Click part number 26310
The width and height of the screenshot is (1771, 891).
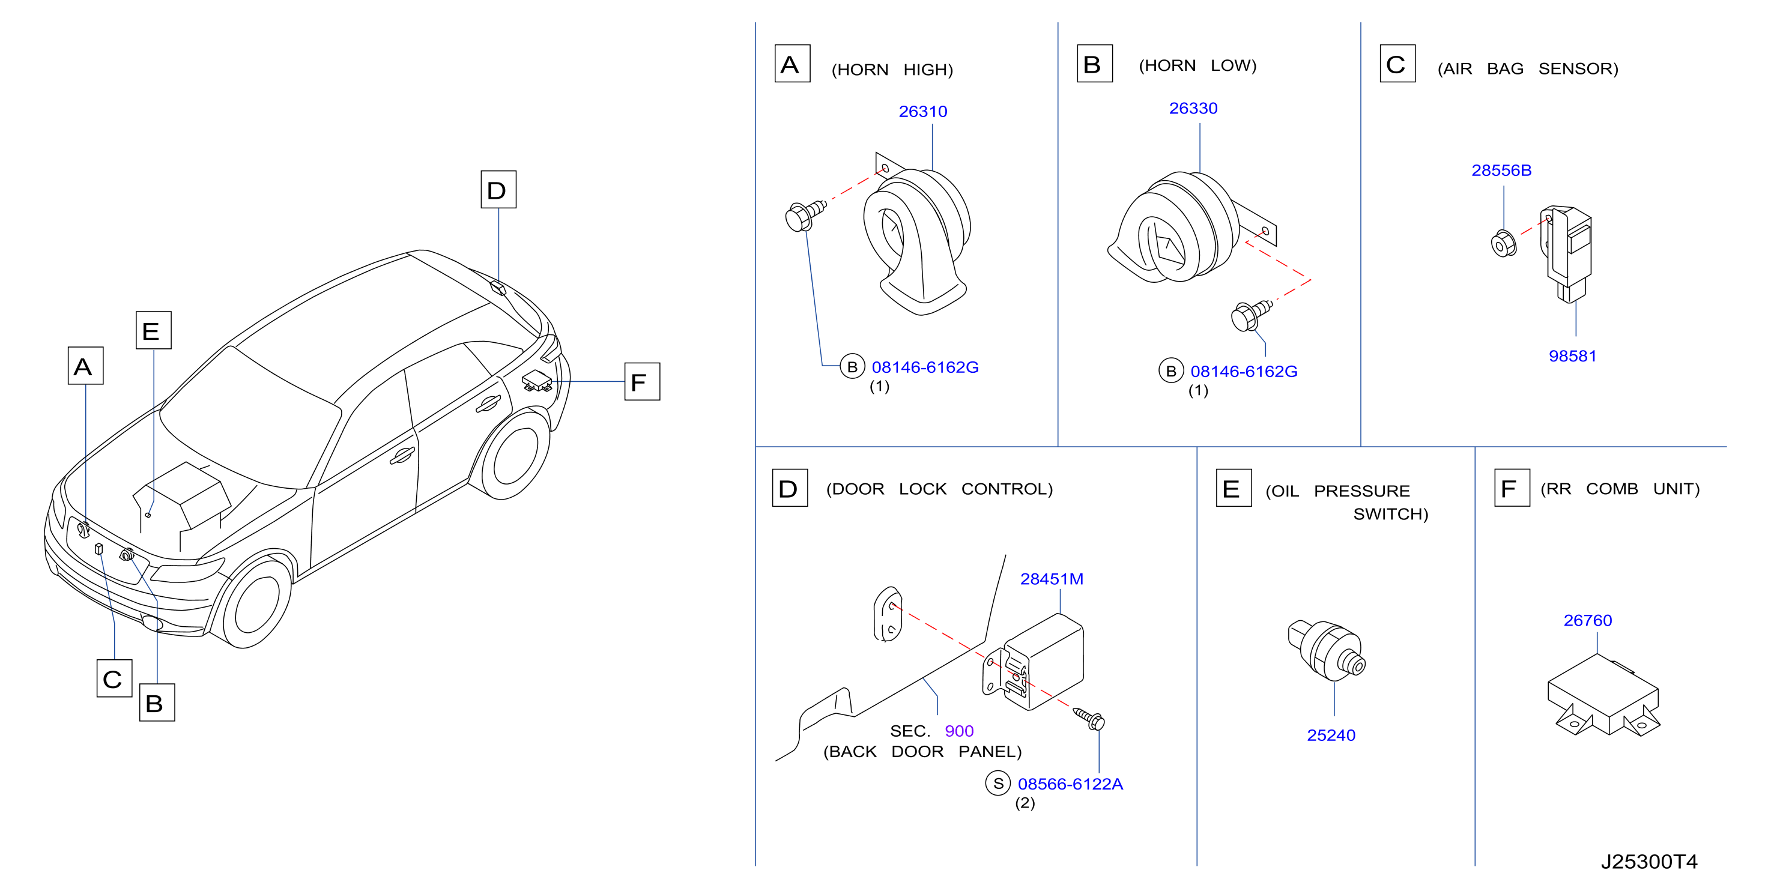click(922, 112)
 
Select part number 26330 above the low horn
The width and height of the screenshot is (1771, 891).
click(1193, 108)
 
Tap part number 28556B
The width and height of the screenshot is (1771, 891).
click(1501, 170)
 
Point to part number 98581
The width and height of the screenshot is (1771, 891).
click(1572, 355)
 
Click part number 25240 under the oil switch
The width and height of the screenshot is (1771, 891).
click(1331, 735)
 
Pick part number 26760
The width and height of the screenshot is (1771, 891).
click(1587, 620)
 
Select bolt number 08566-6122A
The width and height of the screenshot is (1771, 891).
click(1070, 784)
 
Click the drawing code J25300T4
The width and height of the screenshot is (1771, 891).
click(1648, 862)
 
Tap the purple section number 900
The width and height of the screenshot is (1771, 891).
click(959, 731)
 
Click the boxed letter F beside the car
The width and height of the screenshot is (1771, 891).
click(642, 382)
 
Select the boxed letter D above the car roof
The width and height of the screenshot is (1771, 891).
click(498, 189)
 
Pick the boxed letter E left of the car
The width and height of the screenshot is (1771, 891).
click(153, 330)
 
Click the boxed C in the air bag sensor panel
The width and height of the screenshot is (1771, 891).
click(1397, 63)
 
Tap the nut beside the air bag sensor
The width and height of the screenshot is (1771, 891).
click(1504, 243)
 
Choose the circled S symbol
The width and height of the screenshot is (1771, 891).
click(998, 783)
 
